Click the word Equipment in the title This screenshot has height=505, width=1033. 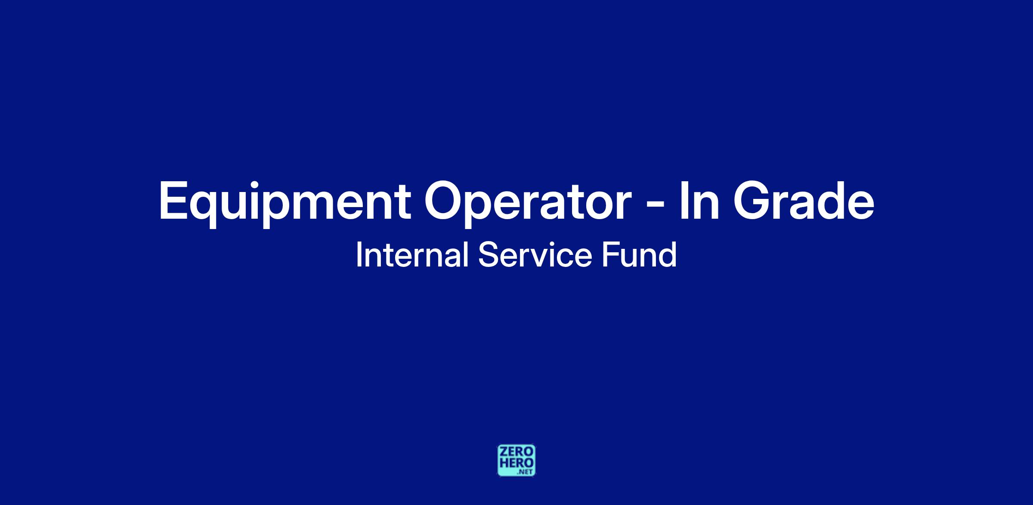point(285,203)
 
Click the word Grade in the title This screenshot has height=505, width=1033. point(804,200)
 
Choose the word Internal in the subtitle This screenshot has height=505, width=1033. point(412,255)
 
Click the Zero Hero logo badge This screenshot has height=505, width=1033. point(516,460)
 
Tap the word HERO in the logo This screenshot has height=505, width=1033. point(516,463)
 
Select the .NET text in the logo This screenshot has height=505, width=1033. point(526,472)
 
